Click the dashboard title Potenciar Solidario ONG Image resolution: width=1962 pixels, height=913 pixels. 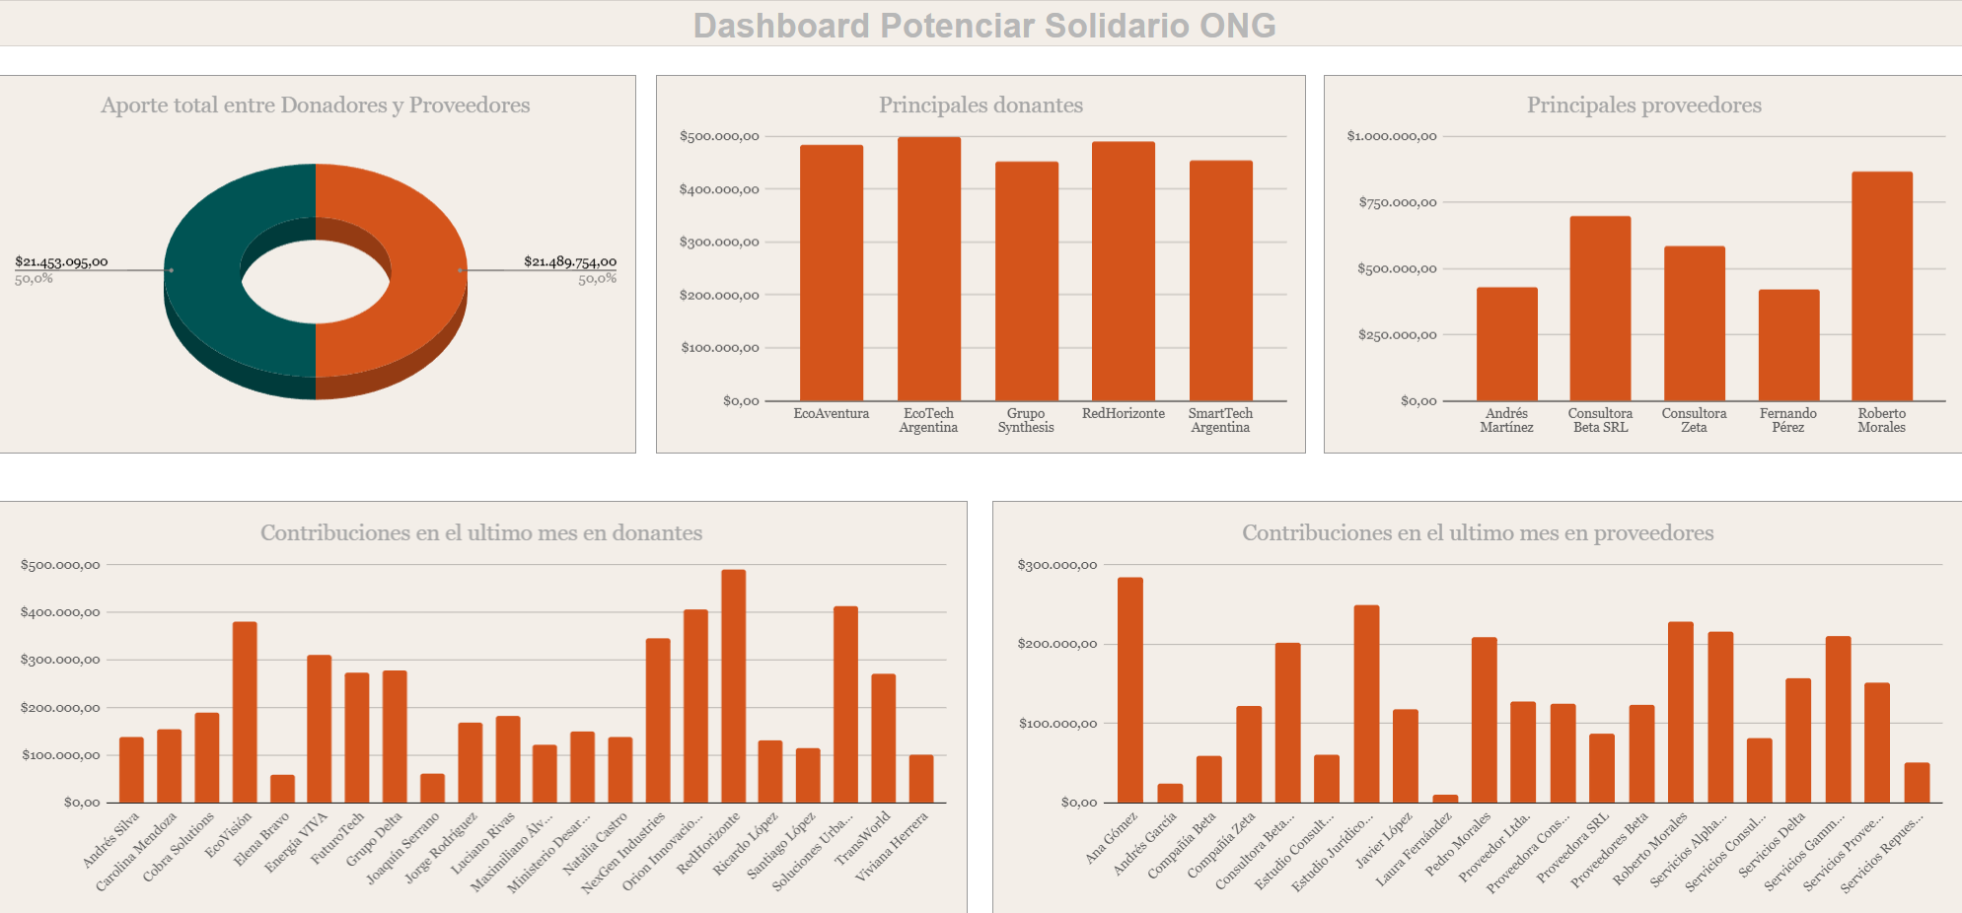(984, 26)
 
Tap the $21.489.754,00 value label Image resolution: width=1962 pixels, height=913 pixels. (569, 261)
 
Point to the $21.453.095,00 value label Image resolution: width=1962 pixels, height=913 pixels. (61, 261)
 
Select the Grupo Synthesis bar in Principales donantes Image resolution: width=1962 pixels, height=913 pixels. (1026, 281)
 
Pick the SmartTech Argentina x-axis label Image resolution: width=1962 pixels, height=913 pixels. (1220, 420)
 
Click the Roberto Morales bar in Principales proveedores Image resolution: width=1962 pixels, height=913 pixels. (1881, 286)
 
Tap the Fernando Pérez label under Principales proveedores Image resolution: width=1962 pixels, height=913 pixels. (1787, 420)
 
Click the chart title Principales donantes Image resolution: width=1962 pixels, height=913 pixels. (981, 105)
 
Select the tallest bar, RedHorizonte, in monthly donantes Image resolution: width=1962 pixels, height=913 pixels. (733, 685)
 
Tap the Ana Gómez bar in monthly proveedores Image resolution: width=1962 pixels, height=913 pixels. (1129, 689)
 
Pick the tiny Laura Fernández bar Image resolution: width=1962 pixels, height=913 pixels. (1444, 799)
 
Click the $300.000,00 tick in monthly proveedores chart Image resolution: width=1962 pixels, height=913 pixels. (1056, 565)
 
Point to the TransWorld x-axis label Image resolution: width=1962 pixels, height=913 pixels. (863, 837)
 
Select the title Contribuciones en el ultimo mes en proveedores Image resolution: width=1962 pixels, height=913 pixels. (1477, 533)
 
